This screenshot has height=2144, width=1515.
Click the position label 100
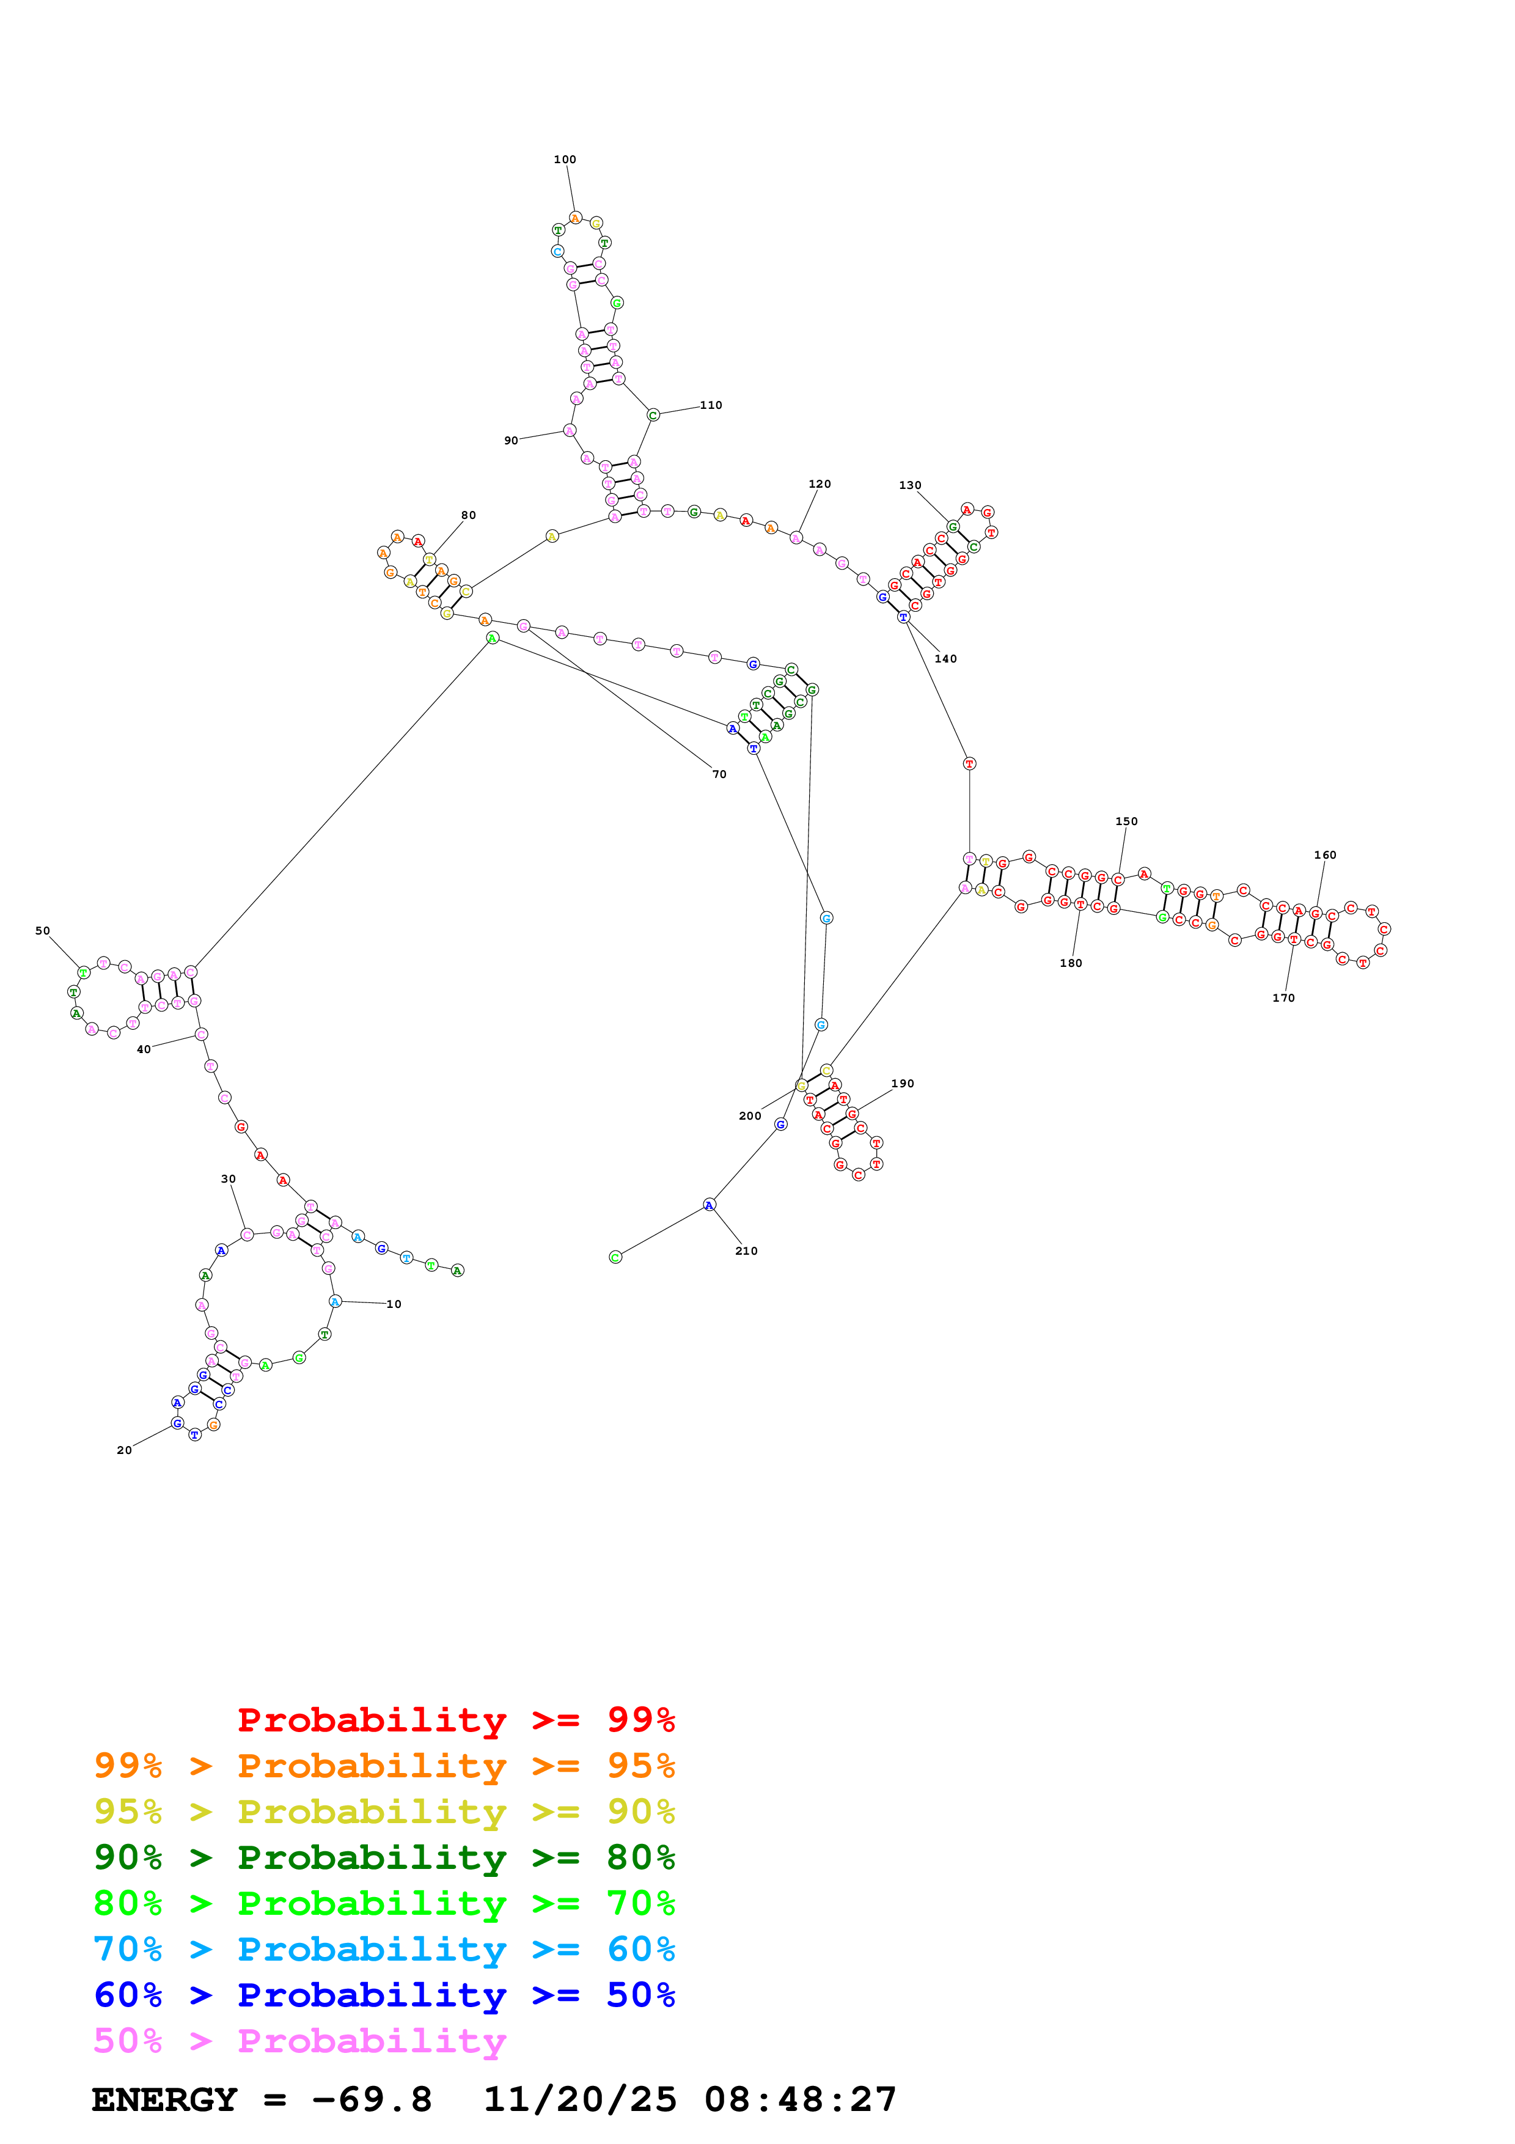click(x=565, y=160)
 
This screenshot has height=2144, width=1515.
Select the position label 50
click(x=43, y=931)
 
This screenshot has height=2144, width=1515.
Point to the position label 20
click(x=124, y=1450)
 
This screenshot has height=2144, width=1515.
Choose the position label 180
click(x=1071, y=964)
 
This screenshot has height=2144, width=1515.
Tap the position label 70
click(x=719, y=774)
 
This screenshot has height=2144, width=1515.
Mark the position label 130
click(x=910, y=485)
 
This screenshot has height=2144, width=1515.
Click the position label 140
click(x=945, y=659)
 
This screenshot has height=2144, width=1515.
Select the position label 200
click(x=750, y=1116)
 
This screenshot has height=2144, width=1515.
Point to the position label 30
click(x=229, y=1180)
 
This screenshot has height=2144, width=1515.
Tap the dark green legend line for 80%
click(x=384, y=1857)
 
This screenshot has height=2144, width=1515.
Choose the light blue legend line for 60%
click(x=384, y=1949)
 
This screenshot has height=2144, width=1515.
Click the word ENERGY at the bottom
click(x=164, y=2099)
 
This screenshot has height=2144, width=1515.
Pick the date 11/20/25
click(x=580, y=2099)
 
